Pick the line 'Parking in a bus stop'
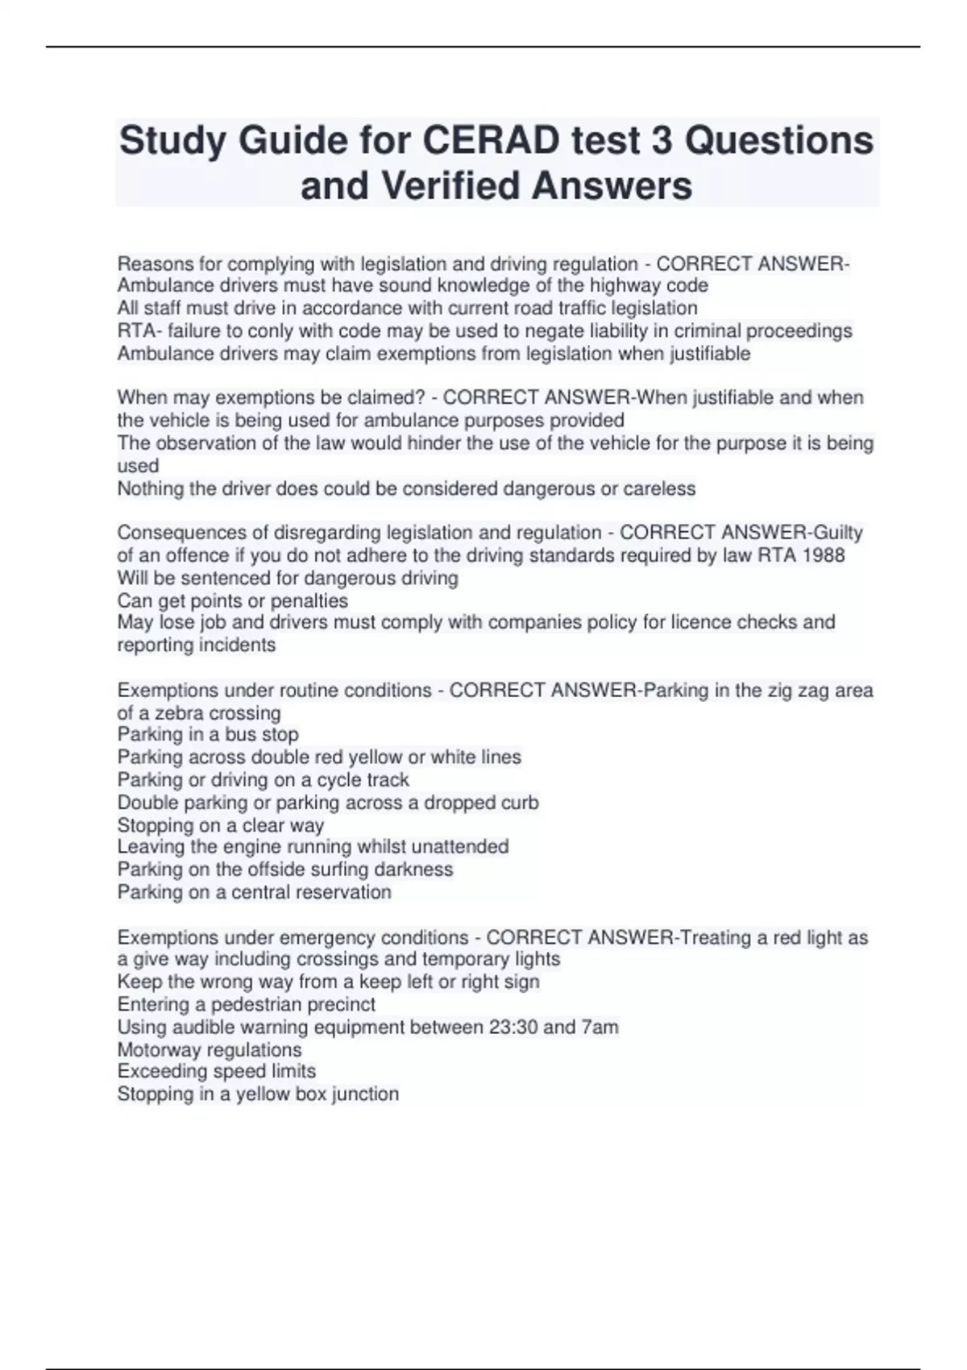tap(208, 734)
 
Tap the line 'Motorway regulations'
tap(210, 1050)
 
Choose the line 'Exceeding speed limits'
tap(217, 1071)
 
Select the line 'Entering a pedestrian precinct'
tap(247, 1004)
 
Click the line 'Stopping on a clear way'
tap(221, 825)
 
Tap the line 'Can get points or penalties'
tap(233, 600)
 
